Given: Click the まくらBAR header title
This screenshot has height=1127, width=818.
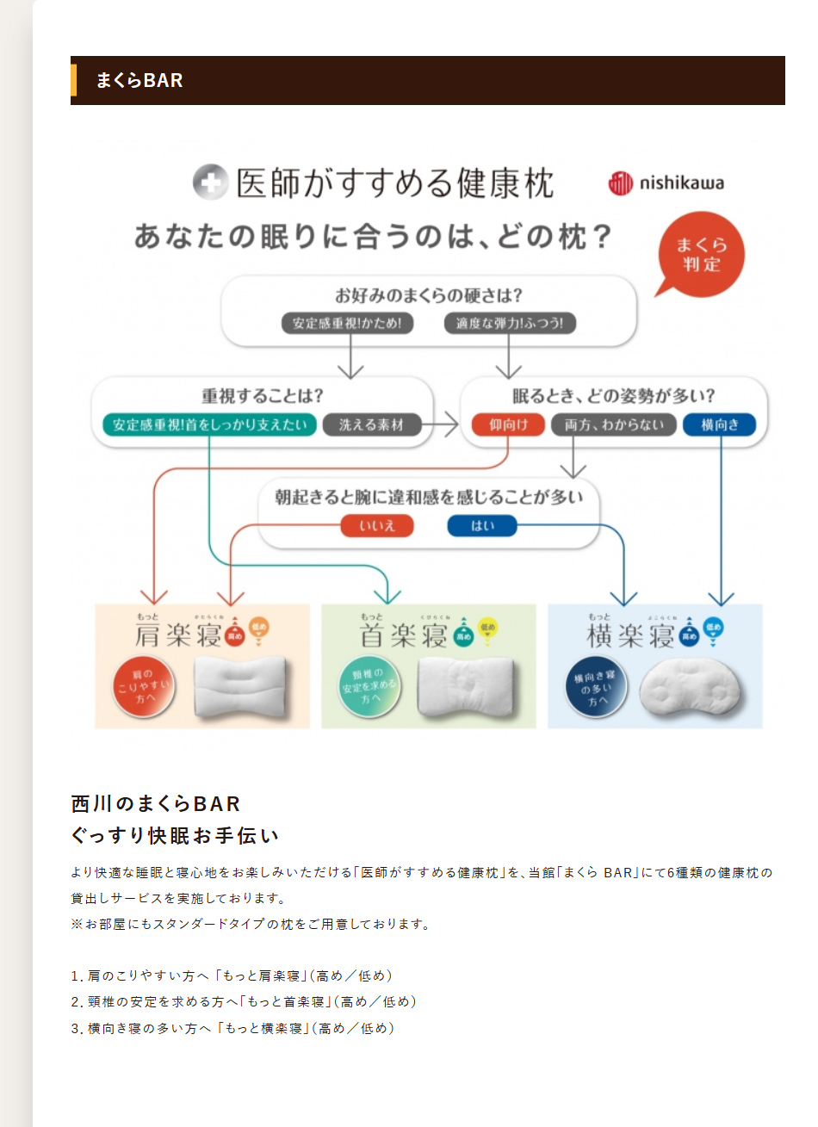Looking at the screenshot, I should point(139,80).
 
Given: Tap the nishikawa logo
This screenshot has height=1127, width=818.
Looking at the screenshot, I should point(666,183).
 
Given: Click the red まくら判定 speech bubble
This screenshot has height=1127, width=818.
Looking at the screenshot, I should point(700,254).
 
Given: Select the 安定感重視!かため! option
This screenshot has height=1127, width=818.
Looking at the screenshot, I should point(347,323).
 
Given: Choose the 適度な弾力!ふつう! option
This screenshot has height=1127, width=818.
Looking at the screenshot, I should point(510,323).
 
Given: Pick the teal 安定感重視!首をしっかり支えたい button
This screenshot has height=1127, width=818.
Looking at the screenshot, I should point(209,424).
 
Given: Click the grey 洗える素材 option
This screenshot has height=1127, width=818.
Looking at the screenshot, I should point(371,424).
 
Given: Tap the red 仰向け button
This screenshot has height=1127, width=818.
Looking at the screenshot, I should point(508,424).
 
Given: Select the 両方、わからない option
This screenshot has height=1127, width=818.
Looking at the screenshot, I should point(614,424).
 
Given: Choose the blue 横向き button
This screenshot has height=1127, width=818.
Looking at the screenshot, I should point(720,424).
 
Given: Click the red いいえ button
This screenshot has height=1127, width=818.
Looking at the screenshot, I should point(376,525).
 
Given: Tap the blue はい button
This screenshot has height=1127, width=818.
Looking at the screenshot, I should point(482,525).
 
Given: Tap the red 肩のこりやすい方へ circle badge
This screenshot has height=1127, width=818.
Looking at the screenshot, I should point(144,687).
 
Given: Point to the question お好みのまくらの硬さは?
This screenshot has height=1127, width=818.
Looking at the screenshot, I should point(429,295).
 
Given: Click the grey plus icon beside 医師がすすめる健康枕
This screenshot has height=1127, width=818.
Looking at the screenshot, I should point(210,183).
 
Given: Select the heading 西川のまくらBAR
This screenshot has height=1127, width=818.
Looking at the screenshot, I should point(156,803).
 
